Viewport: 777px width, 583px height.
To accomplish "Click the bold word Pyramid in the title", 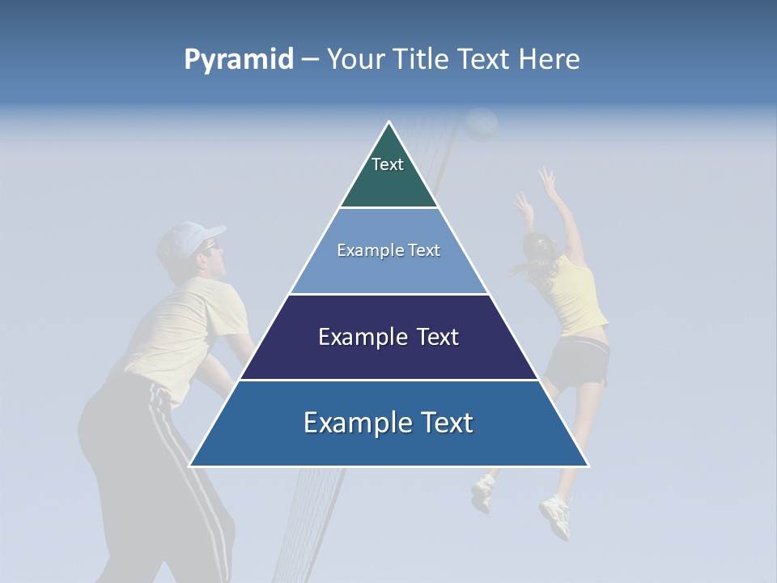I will (239, 59).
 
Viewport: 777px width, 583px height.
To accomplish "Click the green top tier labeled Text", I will (388, 174).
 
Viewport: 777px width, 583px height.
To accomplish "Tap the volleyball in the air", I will (482, 125).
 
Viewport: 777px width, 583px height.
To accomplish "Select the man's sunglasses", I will (210, 245).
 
